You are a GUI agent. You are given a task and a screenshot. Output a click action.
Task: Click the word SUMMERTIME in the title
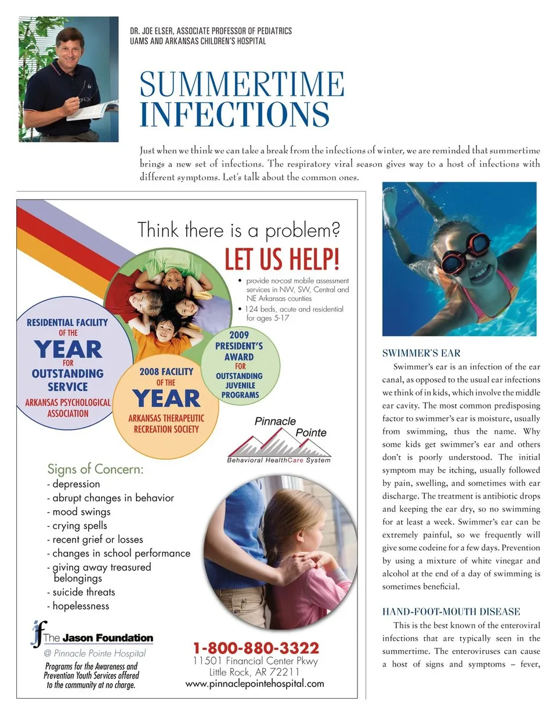(242, 84)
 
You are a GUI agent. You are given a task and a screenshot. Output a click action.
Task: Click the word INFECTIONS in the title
(234, 114)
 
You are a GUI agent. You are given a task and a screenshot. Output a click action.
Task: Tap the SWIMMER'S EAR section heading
(421, 353)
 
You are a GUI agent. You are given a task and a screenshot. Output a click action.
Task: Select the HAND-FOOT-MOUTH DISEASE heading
(451, 612)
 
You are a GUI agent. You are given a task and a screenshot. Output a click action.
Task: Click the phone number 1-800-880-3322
(256, 648)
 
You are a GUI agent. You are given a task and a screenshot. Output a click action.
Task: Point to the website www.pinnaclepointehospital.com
(255, 683)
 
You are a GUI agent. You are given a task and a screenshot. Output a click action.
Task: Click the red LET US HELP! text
(282, 259)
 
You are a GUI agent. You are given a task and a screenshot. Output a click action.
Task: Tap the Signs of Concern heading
(95, 469)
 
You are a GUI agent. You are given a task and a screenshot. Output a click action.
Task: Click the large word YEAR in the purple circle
(68, 350)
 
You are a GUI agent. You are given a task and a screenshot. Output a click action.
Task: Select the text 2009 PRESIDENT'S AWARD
(240, 346)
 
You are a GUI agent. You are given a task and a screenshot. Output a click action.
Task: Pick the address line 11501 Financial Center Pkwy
(255, 661)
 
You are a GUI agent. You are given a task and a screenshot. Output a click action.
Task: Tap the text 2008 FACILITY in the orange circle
(166, 371)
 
